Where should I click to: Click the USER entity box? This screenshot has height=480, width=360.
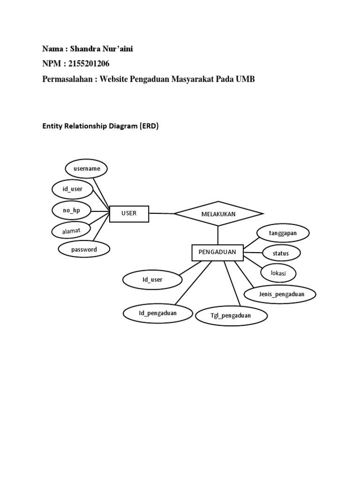[129, 214]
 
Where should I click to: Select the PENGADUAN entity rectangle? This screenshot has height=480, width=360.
[217, 253]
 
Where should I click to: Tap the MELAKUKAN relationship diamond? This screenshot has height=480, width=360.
[218, 214]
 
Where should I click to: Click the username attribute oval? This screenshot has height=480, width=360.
[87, 168]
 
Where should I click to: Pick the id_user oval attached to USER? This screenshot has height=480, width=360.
[73, 189]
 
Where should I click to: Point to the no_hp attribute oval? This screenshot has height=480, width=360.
[71, 210]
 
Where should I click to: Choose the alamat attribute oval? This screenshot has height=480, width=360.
[72, 231]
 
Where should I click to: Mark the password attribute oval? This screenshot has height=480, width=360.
[84, 250]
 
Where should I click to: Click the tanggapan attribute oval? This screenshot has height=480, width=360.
[283, 233]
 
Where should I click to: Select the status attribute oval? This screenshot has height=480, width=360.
[281, 254]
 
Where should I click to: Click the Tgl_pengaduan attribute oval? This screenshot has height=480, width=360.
[232, 315]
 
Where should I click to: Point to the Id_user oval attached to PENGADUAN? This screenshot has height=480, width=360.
[152, 280]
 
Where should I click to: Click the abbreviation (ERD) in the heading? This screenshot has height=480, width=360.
[149, 126]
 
